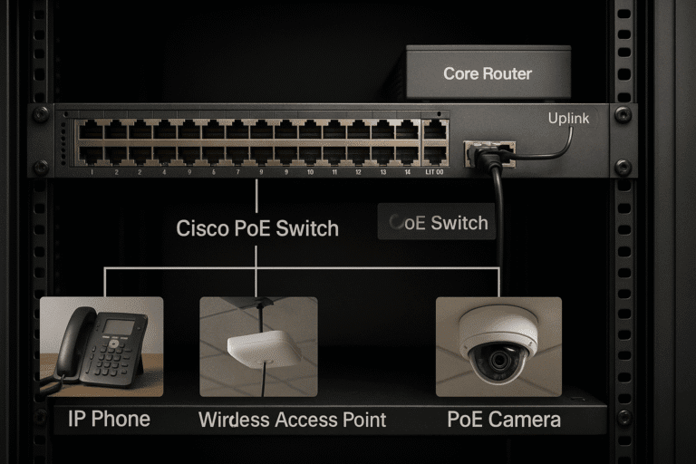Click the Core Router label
click(x=487, y=73)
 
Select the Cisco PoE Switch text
click(x=257, y=228)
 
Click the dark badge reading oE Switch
click(x=437, y=222)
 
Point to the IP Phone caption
click(x=110, y=420)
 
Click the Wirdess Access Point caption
click(x=292, y=420)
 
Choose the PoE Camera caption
click(x=503, y=420)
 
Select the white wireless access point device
click(x=263, y=349)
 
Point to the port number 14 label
click(x=407, y=171)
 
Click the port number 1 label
click(x=92, y=171)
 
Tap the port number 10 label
click(x=310, y=171)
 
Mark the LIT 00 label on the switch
click(x=434, y=171)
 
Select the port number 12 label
click(x=358, y=171)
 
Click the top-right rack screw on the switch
click(x=623, y=115)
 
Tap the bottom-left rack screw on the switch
click(x=40, y=167)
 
